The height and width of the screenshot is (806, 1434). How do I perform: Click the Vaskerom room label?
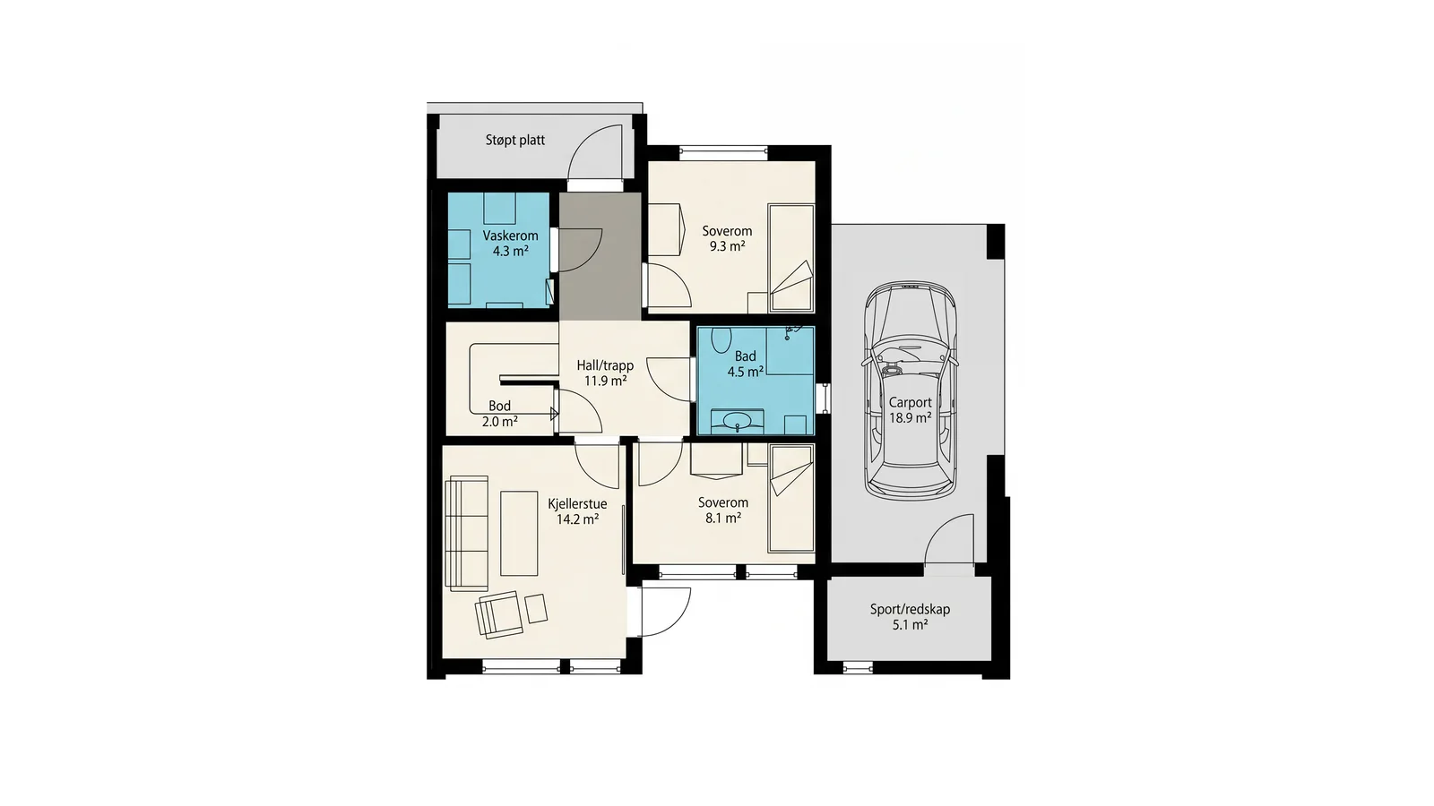point(510,236)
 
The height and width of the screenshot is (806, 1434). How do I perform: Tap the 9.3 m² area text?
point(727,246)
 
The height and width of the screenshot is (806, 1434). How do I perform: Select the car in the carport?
point(911,390)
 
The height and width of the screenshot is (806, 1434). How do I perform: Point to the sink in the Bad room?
point(737,421)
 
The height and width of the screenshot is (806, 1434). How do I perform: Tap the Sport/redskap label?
point(910,609)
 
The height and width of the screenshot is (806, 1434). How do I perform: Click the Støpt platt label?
point(514,140)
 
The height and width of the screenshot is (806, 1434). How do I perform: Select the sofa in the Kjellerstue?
point(467,534)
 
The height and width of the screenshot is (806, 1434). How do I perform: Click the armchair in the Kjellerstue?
point(498,614)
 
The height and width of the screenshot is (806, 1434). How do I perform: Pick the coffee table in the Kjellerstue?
point(519,534)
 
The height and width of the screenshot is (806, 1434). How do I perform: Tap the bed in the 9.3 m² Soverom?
point(790,258)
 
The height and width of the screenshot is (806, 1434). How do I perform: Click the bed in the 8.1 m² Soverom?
point(791,498)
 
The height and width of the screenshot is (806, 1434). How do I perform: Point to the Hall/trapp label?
point(605,365)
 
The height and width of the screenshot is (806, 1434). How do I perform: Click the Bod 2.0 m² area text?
point(500,422)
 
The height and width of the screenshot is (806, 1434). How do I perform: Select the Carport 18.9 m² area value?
point(911,417)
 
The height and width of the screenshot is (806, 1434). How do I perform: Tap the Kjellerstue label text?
point(577,503)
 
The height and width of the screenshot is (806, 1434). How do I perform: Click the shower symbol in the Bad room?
point(792,330)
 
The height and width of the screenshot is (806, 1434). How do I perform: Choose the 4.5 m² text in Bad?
point(745,372)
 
